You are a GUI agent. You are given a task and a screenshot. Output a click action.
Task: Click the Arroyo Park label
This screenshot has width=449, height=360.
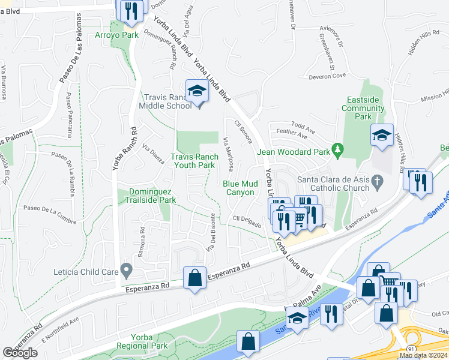click(116, 35)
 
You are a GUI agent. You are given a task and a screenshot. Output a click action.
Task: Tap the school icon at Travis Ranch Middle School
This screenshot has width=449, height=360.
click(196, 92)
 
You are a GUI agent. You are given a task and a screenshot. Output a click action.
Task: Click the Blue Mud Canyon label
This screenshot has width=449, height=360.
click(240, 188)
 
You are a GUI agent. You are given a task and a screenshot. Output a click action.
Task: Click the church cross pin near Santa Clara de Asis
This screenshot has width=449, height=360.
click(376, 180)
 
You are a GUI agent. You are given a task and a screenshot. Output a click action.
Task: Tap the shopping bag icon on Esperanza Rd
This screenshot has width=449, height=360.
click(194, 278)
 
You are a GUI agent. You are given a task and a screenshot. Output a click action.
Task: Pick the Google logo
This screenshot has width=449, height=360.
click(20, 353)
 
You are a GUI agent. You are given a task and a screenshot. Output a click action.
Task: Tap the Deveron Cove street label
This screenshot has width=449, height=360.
click(327, 76)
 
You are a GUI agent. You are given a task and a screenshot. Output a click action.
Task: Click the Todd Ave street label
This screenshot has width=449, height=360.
click(303, 125)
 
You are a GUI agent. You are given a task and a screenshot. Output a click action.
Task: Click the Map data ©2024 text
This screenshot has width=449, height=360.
click(423, 356)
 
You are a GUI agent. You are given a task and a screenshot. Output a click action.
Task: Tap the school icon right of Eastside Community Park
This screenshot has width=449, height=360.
click(381, 136)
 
